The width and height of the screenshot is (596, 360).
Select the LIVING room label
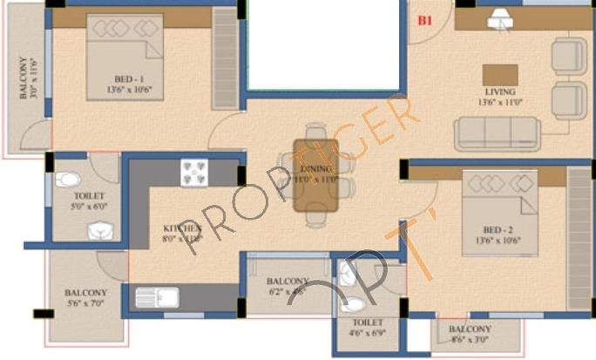(500, 92)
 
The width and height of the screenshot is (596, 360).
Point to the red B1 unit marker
(425, 21)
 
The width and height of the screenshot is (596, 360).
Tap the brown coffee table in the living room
(500, 74)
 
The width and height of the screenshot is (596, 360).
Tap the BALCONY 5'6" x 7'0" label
(85, 298)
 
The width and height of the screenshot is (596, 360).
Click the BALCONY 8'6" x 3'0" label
(470, 334)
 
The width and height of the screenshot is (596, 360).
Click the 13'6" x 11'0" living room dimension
(500, 102)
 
